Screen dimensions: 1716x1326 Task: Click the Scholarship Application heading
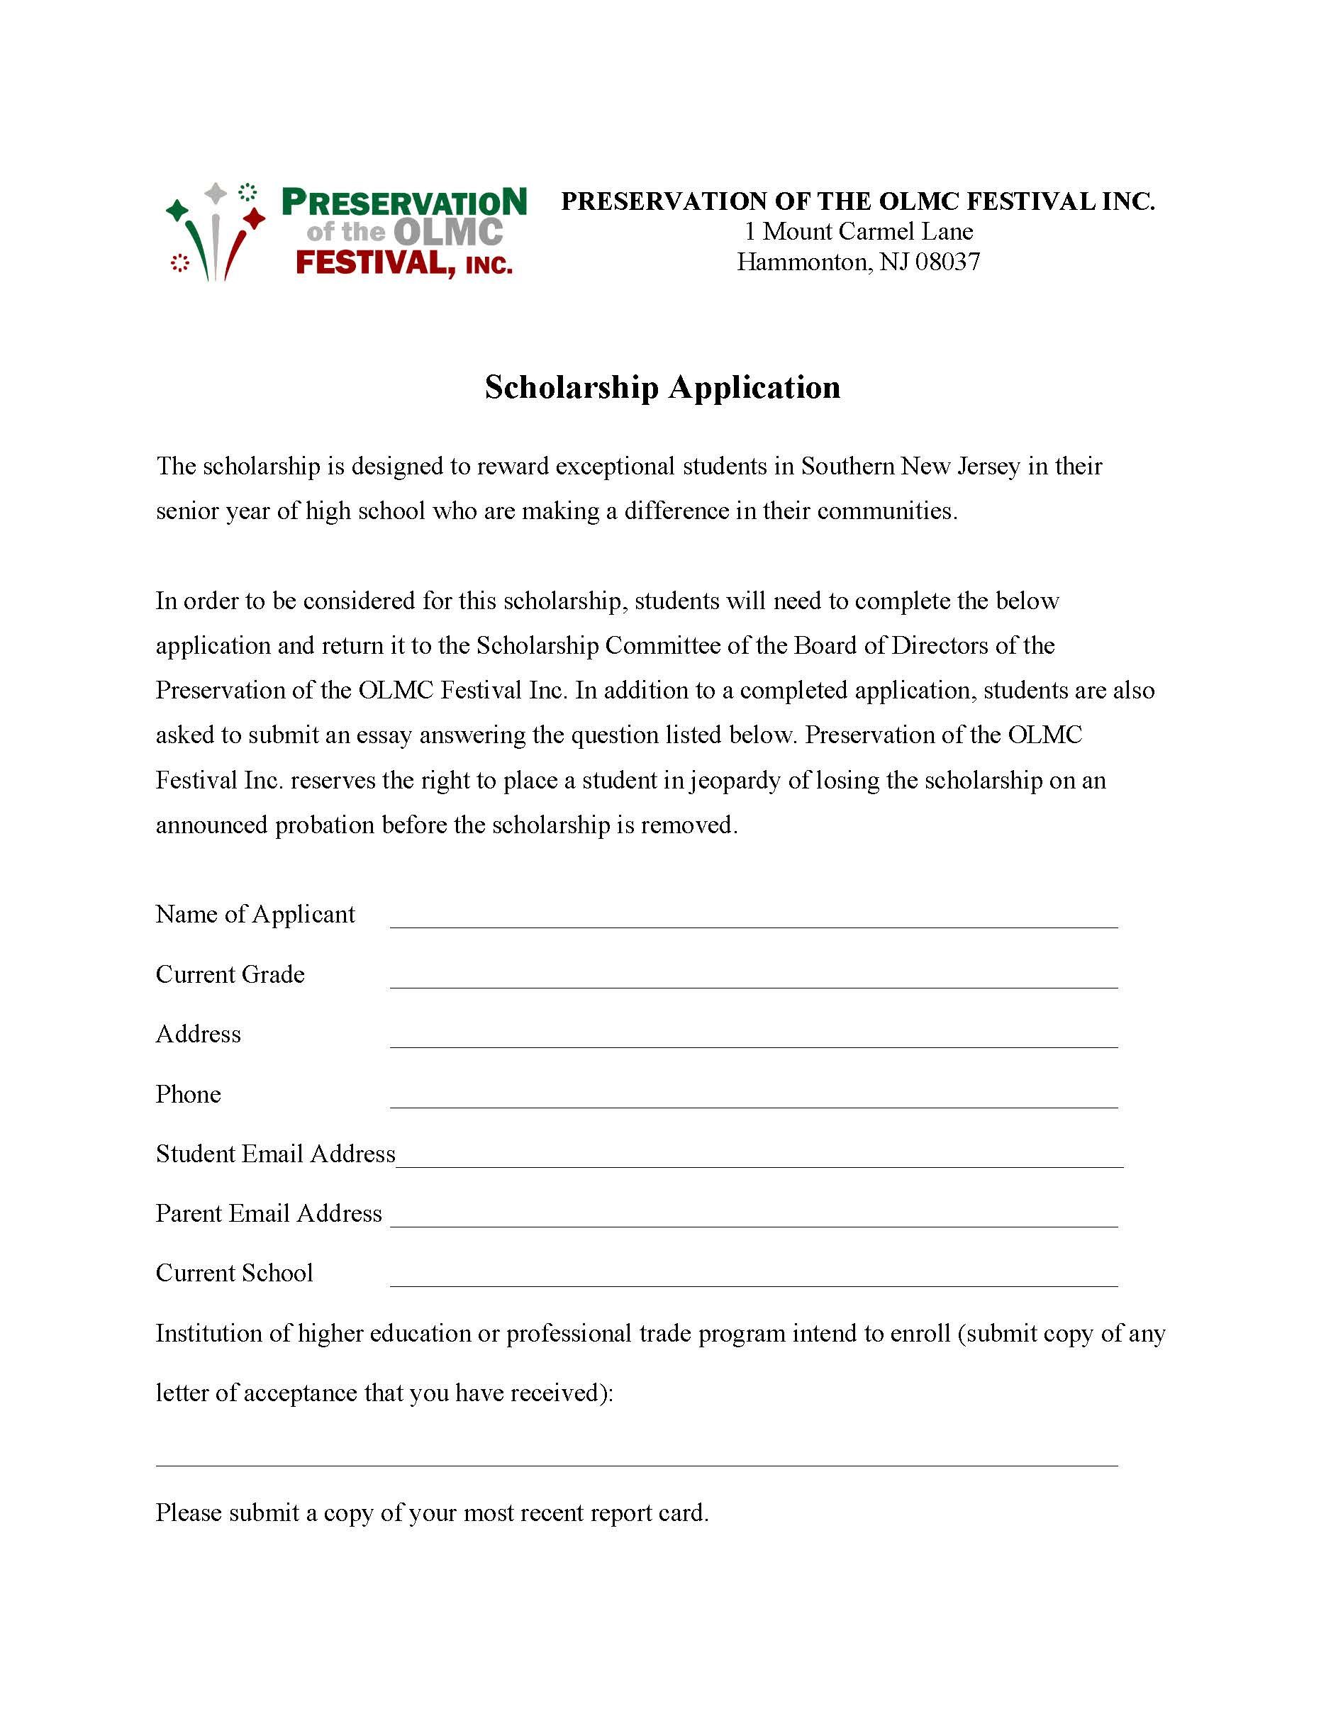[x=662, y=387]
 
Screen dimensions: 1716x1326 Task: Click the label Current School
[x=234, y=1273]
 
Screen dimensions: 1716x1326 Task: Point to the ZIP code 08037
[x=947, y=262]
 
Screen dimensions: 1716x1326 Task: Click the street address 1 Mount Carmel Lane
[x=859, y=232]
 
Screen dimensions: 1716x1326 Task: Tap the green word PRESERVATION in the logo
[x=403, y=203]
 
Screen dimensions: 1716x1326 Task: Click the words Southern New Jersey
[x=910, y=467]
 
